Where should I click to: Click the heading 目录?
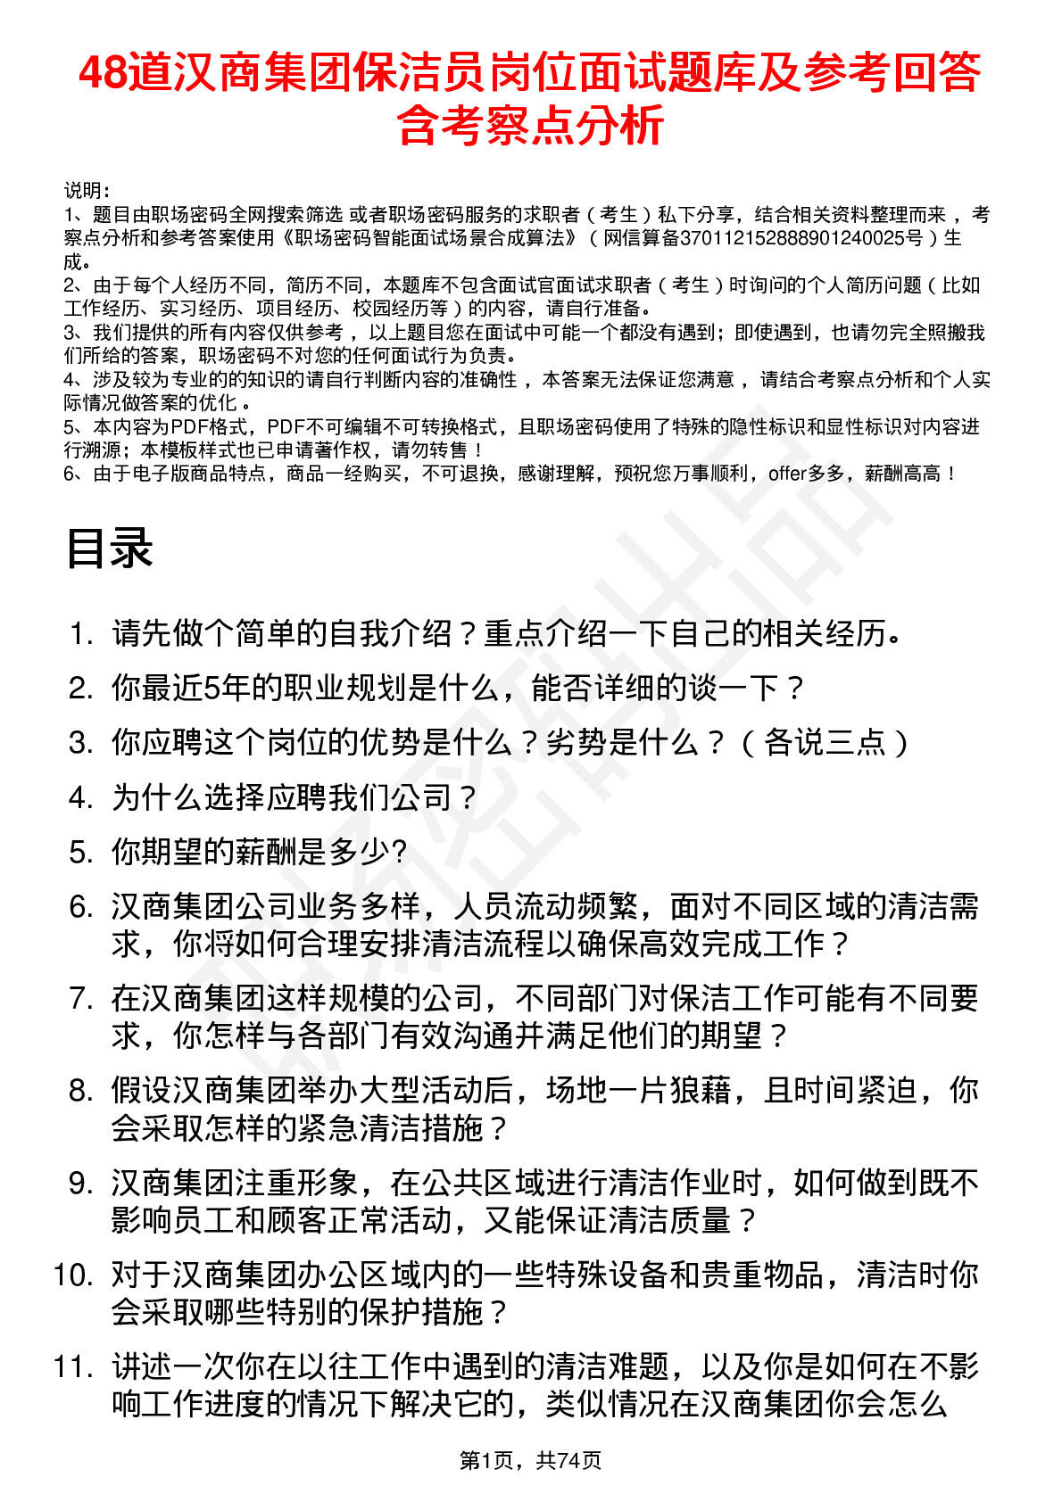click(109, 547)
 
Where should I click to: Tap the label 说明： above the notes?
click(87, 190)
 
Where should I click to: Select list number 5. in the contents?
click(81, 853)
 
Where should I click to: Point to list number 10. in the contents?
click(73, 1275)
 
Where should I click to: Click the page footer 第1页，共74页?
click(530, 1460)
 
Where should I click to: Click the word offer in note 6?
click(787, 474)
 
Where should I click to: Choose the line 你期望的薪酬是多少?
click(260, 853)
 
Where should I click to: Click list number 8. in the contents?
click(81, 1090)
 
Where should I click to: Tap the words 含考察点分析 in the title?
click(530, 125)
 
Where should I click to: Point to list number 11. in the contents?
click(73, 1366)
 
